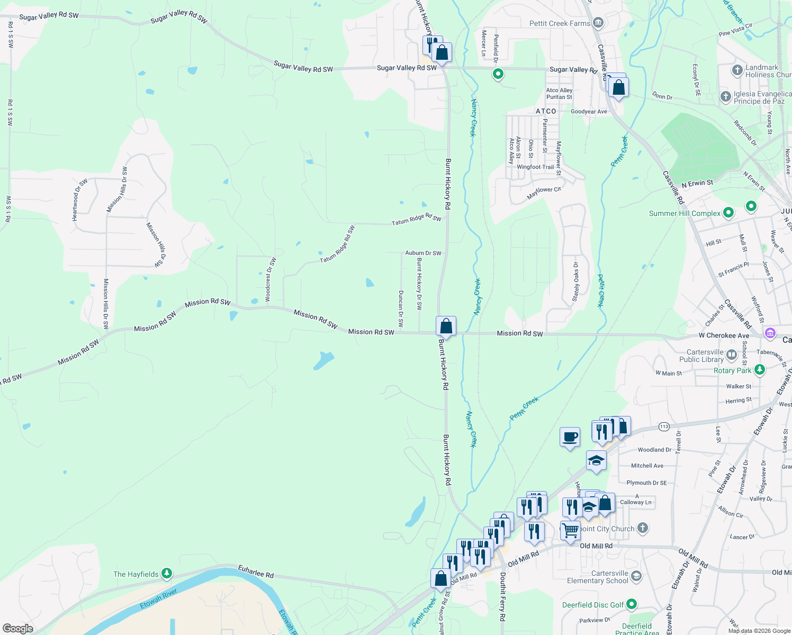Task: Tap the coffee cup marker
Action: (x=570, y=438)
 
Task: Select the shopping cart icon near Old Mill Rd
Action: (x=570, y=530)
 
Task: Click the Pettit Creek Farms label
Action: (x=560, y=23)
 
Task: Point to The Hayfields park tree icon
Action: (x=167, y=574)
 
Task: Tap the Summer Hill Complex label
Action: (x=685, y=213)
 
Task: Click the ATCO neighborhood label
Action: (x=546, y=111)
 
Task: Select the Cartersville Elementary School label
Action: (x=609, y=577)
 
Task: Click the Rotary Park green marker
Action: (x=760, y=370)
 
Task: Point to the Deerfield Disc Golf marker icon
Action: (x=631, y=604)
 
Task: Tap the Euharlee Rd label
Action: (x=256, y=571)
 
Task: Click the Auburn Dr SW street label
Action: (x=423, y=253)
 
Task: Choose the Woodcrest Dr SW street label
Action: (x=270, y=279)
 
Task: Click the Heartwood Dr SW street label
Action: (x=79, y=199)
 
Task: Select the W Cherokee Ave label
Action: (x=724, y=335)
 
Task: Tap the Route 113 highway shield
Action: (x=664, y=427)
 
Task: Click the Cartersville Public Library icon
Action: (x=732, y=355)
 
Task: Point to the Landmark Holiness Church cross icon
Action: (x=737, y=70)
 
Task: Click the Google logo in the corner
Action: (x=18, y=628)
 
